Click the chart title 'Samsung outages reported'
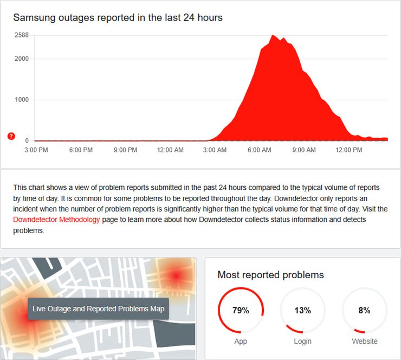(x=118, y=17)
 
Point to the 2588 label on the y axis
(x=22, y=35)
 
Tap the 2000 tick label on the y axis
(x=22, y=59)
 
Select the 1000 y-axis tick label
(x=22, y=100)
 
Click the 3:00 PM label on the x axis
(x=37, y=150)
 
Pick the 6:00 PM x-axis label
(x=81, y=150)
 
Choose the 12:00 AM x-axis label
(x=170, y=150)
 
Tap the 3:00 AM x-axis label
(x=215, y=150)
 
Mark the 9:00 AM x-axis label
(x=304, y=150)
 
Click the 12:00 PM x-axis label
(x=349, y=150)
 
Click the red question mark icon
(x=11, y=136)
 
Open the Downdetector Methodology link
(x=57, y=220)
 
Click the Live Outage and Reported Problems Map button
(x=98, y=308)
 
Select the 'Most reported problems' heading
(x=270, y=275)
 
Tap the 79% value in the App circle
(x=241, y=311)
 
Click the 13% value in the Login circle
(x=302, y=311)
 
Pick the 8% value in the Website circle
(x=364, y=311)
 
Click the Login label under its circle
(x=302, y=341)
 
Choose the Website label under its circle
(x=364, y=341)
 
